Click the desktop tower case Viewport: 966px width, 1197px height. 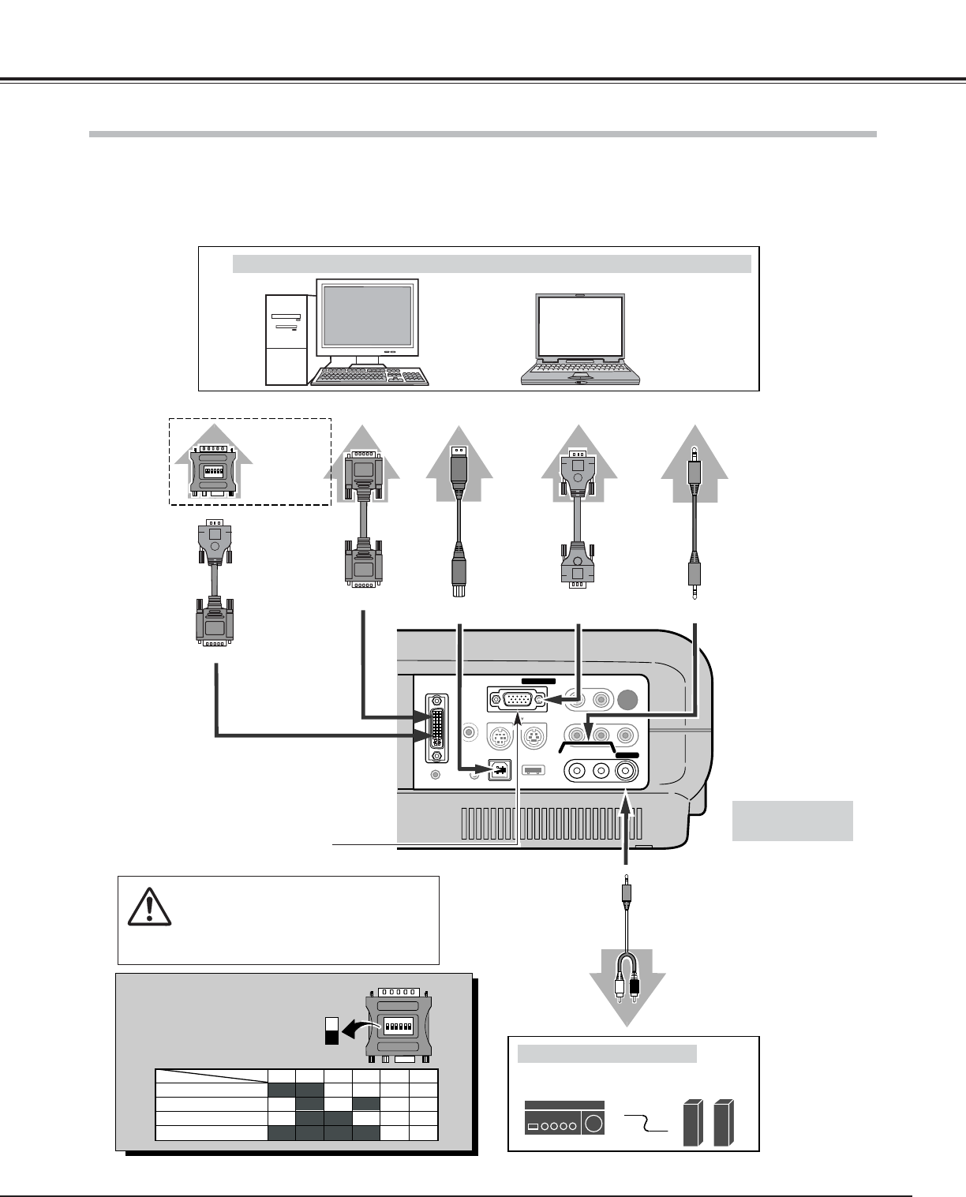(x=286, y=340)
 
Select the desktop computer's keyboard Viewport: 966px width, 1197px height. (x=370, y=376)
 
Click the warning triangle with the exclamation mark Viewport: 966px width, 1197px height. (x=149, y=907)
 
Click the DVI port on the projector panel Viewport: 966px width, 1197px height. (x=435, y=728)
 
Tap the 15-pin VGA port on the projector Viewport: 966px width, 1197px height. (x=515, y=699)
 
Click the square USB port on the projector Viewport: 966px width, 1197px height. (x=500, y=770)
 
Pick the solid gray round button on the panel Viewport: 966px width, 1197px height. (x=629, y=699)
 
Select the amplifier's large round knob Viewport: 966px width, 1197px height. (x=593, y=1124)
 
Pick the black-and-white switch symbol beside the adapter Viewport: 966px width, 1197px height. (x=331, y=1030)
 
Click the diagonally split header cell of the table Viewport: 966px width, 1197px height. (x=211, y=1076)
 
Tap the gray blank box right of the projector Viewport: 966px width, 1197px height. (x=792, y=821)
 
